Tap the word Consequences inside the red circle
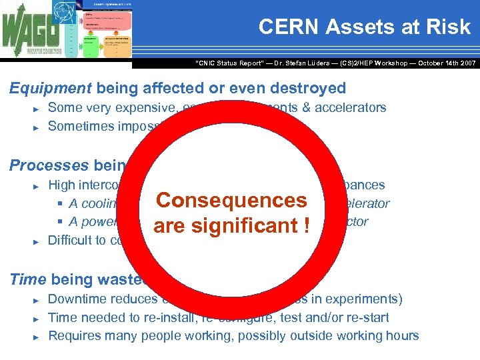(231, 201)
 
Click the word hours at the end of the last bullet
(403, 335)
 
